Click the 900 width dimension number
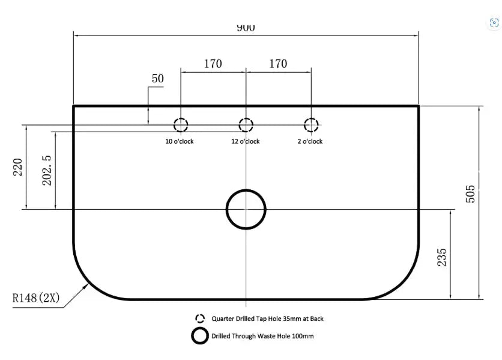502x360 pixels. [246, 28]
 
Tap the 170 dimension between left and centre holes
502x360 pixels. [213, 64]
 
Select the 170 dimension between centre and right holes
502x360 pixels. [278, 64]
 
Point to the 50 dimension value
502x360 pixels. [157, 79]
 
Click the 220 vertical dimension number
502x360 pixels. [17, 167]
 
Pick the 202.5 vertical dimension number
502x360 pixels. [47, 171]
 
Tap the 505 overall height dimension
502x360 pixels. [470, 194]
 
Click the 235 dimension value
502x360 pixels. [441, 257]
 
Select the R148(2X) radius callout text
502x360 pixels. [36, 298]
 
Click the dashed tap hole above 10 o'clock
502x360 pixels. [181, 118]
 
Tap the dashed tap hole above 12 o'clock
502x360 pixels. [246, 118]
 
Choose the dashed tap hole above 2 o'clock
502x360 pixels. [311, 118]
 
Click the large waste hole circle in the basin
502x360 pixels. [246, 190]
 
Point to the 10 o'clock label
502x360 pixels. [180, 141]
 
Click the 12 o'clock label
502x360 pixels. [246, 141]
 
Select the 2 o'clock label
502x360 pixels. [310, 141]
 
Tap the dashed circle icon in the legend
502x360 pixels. [200, 314]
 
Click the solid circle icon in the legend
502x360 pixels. [200, 328]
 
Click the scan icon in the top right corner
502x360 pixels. [494, 23]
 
